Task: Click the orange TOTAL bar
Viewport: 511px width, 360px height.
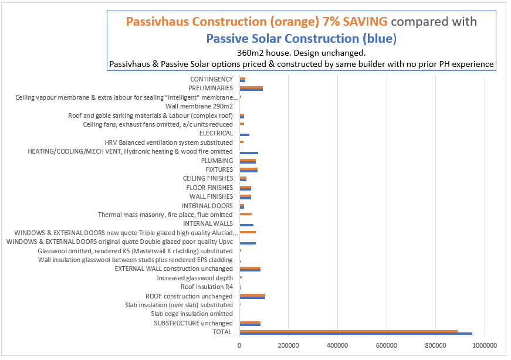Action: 348,331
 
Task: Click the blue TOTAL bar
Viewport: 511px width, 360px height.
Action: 356,334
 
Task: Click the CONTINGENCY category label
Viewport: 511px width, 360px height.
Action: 211,79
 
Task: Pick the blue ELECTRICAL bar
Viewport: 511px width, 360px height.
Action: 245,135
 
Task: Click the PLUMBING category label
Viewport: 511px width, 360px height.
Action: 216,161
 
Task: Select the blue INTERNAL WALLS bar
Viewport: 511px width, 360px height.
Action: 246,225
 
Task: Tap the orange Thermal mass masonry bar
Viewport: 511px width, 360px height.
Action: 246,214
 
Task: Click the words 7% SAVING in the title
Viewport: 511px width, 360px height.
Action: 354,22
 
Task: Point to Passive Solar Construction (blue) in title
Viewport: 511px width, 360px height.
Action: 302,39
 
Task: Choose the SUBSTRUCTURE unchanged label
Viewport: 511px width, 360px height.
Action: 193,323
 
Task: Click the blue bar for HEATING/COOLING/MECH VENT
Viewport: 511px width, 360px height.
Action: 249,153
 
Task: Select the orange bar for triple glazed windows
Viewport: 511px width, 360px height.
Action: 248,232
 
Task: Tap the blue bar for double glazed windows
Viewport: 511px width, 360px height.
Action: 248,243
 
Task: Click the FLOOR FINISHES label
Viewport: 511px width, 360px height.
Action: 209,188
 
